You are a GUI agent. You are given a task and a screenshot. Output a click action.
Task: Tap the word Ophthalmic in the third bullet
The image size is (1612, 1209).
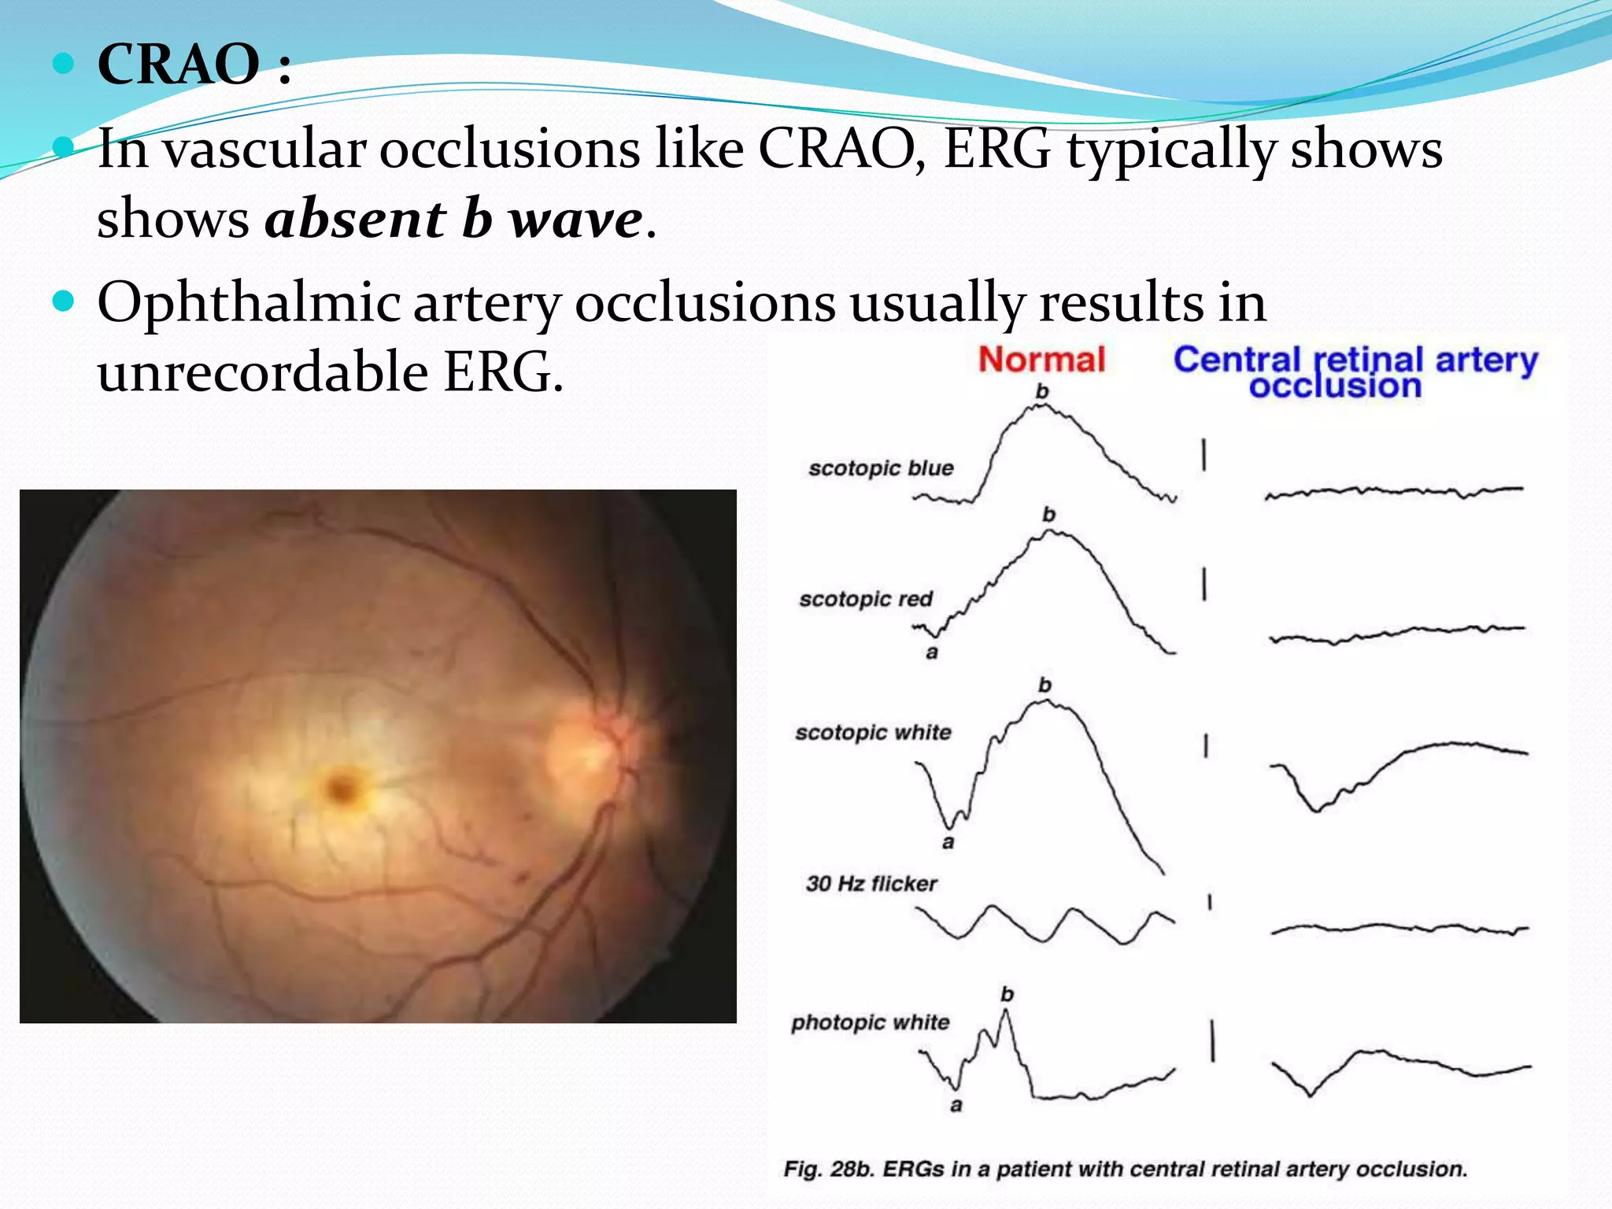tap(249, 303)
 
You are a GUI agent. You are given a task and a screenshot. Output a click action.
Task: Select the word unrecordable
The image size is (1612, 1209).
tap(262, 372)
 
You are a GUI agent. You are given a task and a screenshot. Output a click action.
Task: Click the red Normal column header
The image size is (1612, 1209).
tap(1041, 360)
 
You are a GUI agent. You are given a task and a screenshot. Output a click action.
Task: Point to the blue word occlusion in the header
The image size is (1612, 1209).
tap(1335, 386)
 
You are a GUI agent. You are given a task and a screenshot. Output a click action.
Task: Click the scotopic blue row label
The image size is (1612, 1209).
tap(880, 468)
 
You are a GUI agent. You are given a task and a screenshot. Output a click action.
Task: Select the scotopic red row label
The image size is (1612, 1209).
tap(865, 599)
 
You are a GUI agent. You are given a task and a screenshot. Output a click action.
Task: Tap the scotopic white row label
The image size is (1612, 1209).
tap(872, 733)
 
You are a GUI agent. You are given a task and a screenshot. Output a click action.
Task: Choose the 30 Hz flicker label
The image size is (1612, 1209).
tap(871, 884)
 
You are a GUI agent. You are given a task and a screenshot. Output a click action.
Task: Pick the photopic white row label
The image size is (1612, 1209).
tap(870, 1022)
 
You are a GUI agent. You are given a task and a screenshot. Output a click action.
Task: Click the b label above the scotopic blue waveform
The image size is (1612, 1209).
tap(1042, 391)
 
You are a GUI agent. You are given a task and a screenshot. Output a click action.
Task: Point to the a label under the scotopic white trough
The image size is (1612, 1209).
tap(948, 843)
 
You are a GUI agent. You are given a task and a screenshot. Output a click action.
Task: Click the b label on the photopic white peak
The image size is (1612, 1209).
tap(1007, 995)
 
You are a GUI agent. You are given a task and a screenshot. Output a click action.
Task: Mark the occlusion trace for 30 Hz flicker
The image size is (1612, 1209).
tap(1399, 929)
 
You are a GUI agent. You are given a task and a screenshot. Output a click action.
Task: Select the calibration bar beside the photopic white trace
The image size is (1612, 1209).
tap(1212, 1040)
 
